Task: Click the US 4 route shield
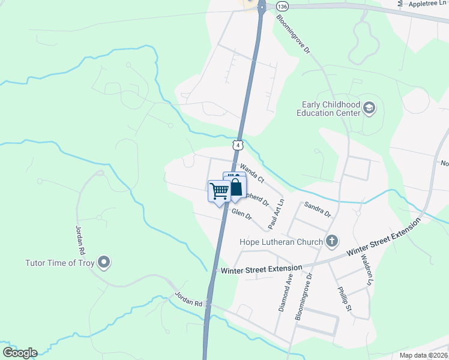[x=239, y=145]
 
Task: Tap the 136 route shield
[x=282, y=5]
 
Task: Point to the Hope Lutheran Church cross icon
[x=331, y=241]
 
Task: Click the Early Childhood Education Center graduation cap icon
[x=370, y=108]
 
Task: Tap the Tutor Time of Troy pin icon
[x=104, y=262]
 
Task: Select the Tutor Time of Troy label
[x=60, y=263]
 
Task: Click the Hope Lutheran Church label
[x=281, y=242]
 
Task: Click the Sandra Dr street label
[x=318, y=209]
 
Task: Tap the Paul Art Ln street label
[x=276, y=213]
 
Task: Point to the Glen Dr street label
[x=241, y=214]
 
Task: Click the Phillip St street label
[x=343, y=297]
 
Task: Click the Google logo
[x=20, y=353]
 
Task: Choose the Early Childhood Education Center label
[x=330, y=108]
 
